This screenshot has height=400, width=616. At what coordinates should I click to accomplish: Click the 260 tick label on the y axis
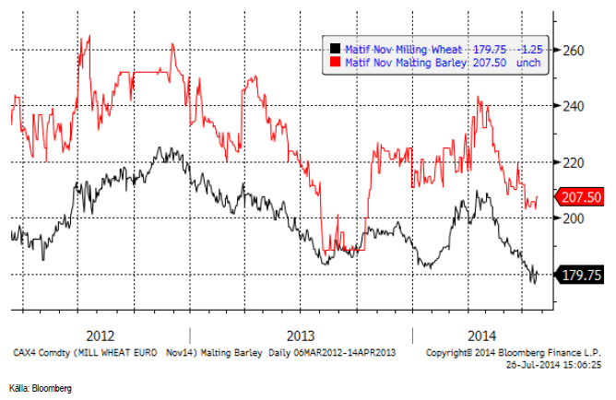click(x=575, y=50)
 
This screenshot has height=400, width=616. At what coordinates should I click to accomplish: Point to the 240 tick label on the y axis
click(x=575, y=106)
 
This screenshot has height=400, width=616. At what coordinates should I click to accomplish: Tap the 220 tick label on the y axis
click(x=575, y=162)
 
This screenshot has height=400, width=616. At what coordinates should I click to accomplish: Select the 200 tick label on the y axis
click(x=575, y=218)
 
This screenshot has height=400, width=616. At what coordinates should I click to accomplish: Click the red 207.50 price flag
click(x=580, y=197)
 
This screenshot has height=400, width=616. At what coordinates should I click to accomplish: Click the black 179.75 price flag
click(x=580, y=274)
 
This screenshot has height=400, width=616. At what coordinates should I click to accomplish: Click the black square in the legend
click(x=336, y=50)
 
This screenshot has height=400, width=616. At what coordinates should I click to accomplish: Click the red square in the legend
click(x=336, y=63)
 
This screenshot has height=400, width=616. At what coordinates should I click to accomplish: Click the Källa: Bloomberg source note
click(x=40, y=387)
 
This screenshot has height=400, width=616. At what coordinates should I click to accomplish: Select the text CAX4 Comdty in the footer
click(x=41, y=352)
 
